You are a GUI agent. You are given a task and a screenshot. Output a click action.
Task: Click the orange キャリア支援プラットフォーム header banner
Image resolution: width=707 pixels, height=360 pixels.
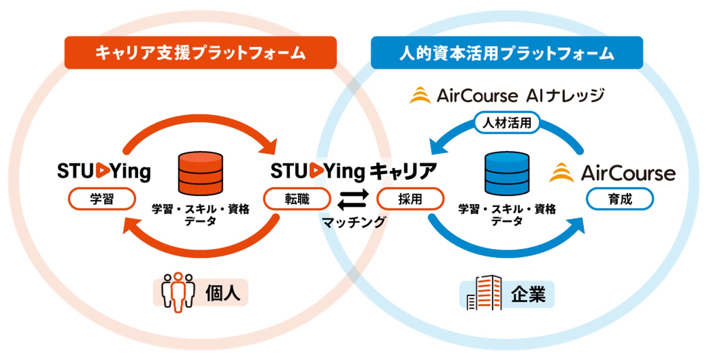pos(200,52)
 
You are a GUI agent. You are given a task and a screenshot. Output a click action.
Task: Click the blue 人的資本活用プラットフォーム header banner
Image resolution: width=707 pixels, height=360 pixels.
pos(507,52)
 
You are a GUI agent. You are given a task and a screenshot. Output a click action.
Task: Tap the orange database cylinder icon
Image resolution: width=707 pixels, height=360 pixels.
pos(200,173)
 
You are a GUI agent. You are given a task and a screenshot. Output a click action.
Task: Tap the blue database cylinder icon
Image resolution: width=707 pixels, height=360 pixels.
pos(507,173)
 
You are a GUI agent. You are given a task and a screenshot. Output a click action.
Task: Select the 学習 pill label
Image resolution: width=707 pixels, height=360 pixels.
pos(102,199)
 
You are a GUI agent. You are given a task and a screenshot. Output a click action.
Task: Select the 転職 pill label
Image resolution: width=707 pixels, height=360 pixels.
pos(297,199)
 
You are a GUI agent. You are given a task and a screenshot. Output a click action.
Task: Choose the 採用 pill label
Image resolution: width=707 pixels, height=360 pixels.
pos(410,199)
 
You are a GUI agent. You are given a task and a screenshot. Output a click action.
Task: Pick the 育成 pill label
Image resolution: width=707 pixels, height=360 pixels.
pos(619,199)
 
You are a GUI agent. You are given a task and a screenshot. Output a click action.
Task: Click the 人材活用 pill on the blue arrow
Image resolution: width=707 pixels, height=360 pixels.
pos(507,123)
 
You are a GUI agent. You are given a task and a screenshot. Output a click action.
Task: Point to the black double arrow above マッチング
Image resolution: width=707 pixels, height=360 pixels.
pos(353,199)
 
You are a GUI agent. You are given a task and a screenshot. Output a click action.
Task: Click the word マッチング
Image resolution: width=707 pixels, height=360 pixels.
pos(353,222)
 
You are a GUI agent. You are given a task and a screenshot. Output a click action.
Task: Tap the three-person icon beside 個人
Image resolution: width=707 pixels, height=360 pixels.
pos(178,292)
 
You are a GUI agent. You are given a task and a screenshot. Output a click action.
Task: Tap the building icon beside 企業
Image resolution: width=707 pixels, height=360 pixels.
pos(484,293)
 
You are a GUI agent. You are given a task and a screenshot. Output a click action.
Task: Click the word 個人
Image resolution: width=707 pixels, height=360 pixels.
pos(223,293)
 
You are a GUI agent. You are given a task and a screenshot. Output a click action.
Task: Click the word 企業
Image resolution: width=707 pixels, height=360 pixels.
pos(528,294)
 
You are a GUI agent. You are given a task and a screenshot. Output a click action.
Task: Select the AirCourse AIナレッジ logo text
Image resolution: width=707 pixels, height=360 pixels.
pos(507,95)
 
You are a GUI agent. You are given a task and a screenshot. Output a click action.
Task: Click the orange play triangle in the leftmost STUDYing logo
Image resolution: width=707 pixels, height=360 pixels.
pos(103,171)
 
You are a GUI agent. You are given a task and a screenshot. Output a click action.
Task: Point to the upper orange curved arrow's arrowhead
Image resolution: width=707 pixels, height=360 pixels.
pos(271,147)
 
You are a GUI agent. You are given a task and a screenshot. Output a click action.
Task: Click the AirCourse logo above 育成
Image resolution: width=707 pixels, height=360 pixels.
pos(613,173)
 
